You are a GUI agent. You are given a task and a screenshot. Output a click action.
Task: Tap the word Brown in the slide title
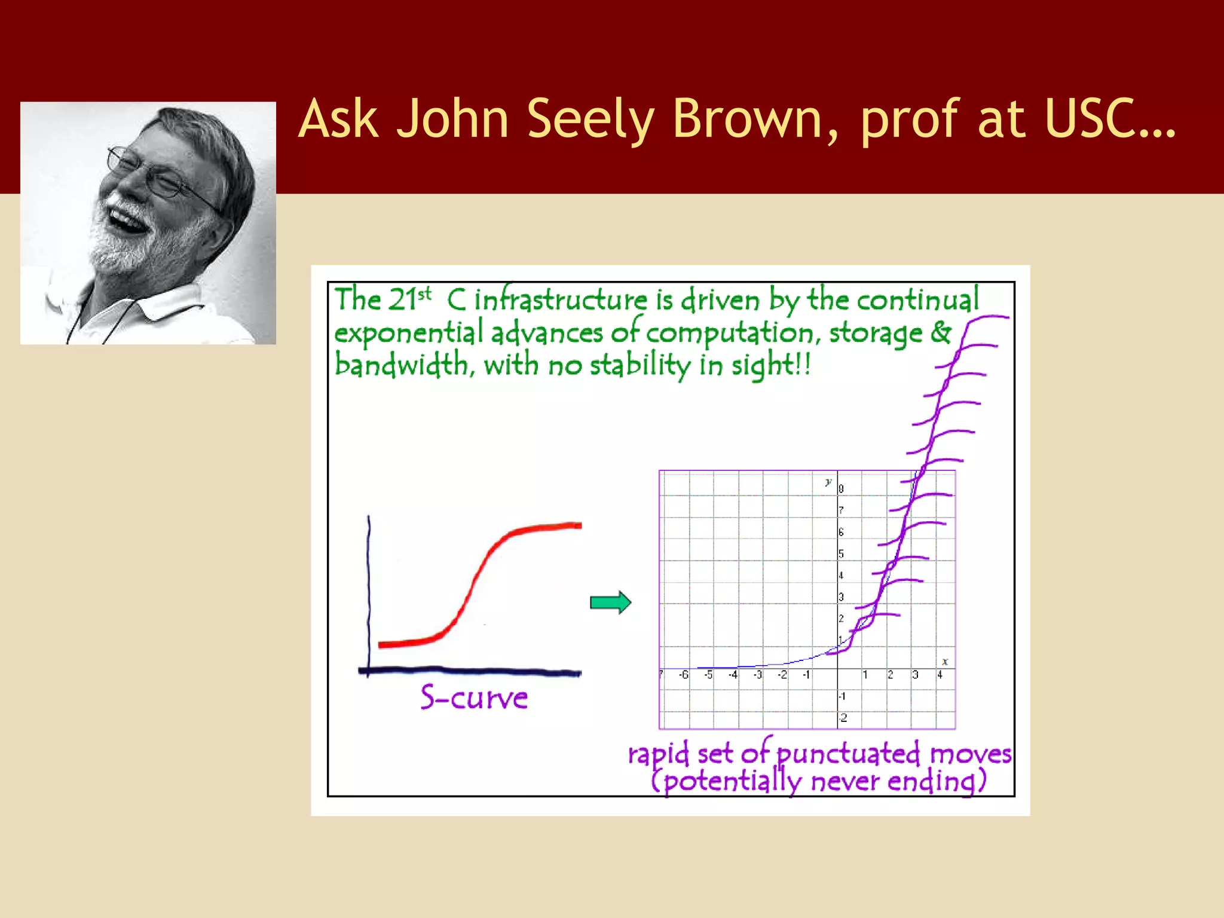pyautogui.click(x=754, y=119)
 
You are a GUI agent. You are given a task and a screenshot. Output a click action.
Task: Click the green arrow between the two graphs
pyautogui.click(x=610, y=602)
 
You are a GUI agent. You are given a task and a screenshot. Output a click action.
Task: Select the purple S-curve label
pyautogui.click(x=474, y=697)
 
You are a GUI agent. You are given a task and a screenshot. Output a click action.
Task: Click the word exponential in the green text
pyautogui.click(x=409, y=333)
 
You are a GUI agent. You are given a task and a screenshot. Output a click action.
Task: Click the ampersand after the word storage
pyautogui.click(x=940, y=332)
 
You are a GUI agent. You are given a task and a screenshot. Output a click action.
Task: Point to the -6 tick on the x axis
pyautogui.click(x=683, y=675)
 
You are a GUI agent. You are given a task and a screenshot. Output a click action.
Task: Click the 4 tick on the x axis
pyautogui.click(x=940, y=675)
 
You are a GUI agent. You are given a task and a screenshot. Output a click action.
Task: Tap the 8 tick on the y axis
pyautogui.click(x=841, y=489)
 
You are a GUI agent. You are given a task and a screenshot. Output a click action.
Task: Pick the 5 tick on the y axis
pyautogui.click(x=841, y=554)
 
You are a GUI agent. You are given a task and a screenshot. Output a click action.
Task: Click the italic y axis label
pyautogui.click(x=828, y=482)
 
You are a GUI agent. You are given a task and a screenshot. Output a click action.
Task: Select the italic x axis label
pyautogui.click(x=945, y=662)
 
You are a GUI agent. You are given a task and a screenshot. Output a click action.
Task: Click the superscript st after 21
pyautogui.click(x=424, y=294)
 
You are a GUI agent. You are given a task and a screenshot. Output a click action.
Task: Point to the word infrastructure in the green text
pyautogui.click(x=561, y=299)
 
